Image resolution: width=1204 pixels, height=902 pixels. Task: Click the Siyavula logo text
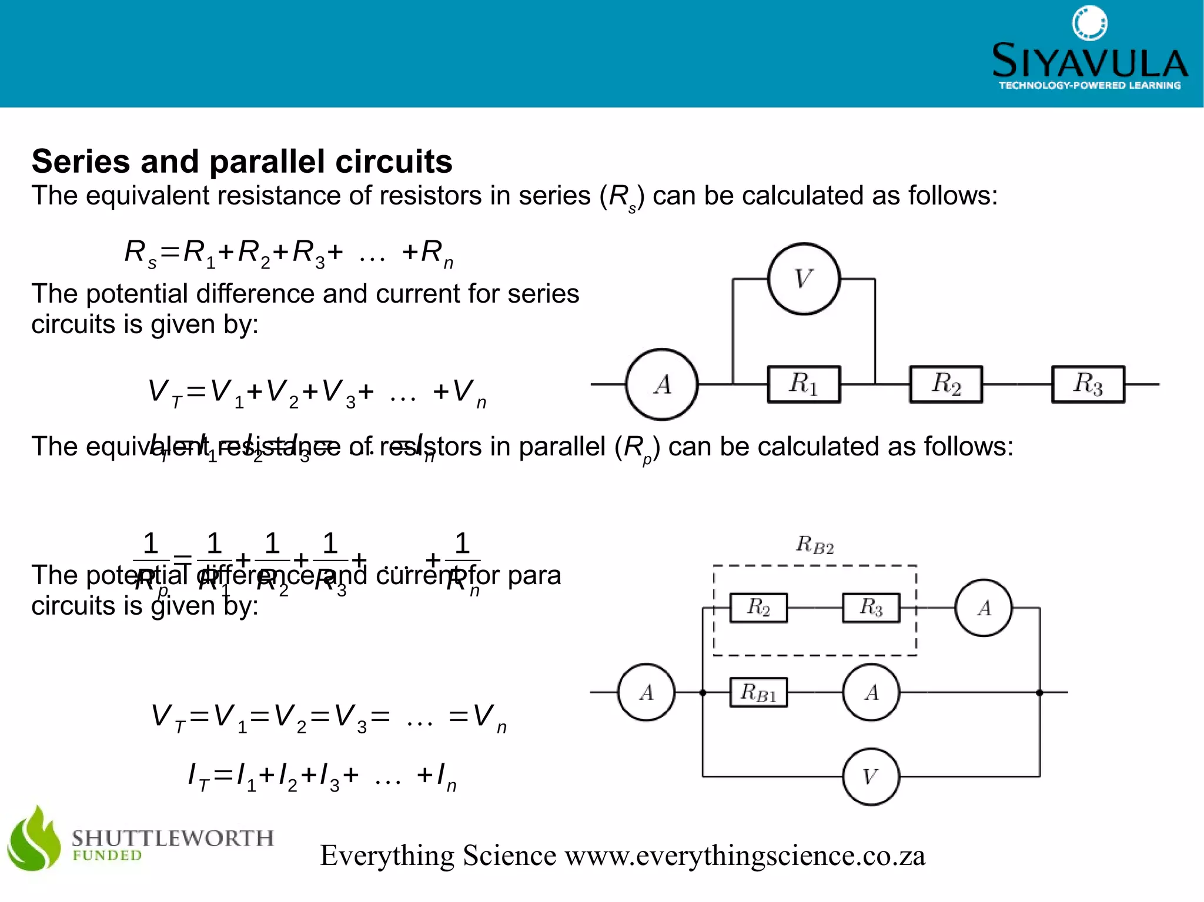pyautogui.click(x=1089, y=61)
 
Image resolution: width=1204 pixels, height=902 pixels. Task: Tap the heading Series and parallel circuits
pyautogui.click(x=242, y=162)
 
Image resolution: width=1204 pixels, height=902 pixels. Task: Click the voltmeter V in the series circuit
pyautogui.click(x=804, y=279)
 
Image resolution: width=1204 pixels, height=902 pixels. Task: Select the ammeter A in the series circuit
pyautogui.click(x=662, y=384)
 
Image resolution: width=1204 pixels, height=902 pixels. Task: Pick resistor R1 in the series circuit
pyautogui.click(x=804, y=384)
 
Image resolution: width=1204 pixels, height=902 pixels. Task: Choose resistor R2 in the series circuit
pyautogui.click(x=946, y=384)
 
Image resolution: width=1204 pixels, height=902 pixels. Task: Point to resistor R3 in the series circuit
pyautogui.click(x=1088, y=384)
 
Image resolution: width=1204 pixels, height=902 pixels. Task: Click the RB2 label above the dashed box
pyautogui.click(x=815, y=545)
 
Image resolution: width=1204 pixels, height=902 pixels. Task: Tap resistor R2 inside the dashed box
pyautogui.click(x=758, y=608)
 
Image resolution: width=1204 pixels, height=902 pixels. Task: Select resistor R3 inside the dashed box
pyautogui.click(x=871, y=608)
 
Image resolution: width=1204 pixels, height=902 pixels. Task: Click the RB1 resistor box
pyautogui.click(x=758, y=692)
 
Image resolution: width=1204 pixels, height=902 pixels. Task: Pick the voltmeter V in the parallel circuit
pyautogui.click(x=871, y=777)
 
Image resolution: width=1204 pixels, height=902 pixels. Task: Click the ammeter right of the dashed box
pyautogui.click(x=984, y=608)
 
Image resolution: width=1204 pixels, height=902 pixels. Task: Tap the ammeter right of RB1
pyautogui.click(x=871, y=692)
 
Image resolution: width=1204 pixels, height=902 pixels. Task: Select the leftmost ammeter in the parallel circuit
pyautogui.click(x=646, y=692)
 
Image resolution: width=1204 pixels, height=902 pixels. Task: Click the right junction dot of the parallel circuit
pyautogui.click(x=1039, y=693)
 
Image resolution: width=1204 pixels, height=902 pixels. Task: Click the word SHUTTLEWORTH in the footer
pyautogui.click(x=173, y=837)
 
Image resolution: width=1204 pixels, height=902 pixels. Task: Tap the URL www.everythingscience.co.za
pyautogui.click(x=745, y=856)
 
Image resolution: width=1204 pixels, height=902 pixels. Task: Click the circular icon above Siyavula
pyautogui.click(x=1089, y=23)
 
